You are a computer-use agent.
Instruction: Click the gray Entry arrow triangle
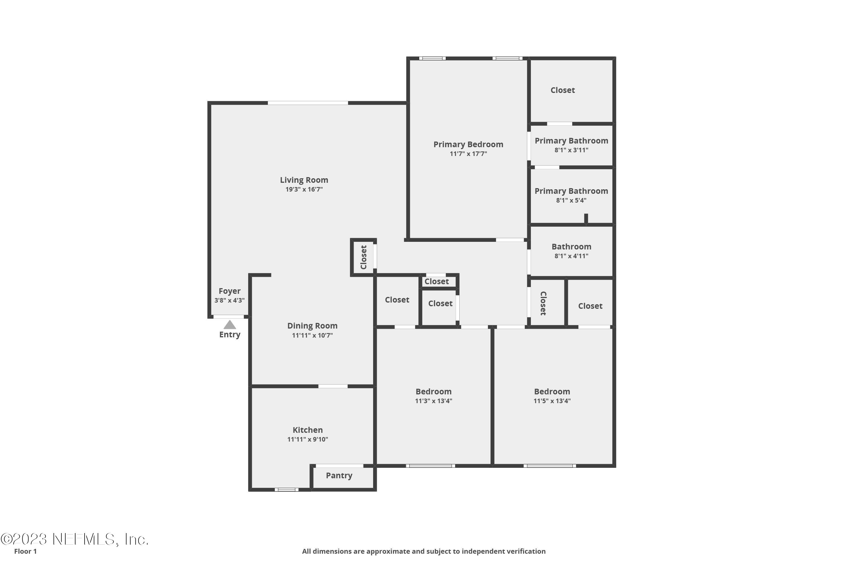click(230, 325)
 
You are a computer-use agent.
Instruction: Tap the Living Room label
click(304, 180)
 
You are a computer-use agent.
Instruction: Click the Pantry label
click(339, 475)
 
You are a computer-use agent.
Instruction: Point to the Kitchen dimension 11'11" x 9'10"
click(308, 439)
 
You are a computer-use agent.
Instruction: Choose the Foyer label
click(229, 291)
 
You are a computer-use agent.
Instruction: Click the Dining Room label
click(312, 326)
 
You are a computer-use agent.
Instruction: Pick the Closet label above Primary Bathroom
click(563, 90)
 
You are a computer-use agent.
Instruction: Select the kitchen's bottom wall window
click(286, 490)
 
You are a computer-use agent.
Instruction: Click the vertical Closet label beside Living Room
click(364, 257)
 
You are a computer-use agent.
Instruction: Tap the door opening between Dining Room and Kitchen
click(333, 386)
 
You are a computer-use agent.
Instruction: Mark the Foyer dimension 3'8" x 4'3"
click(229, 300)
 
